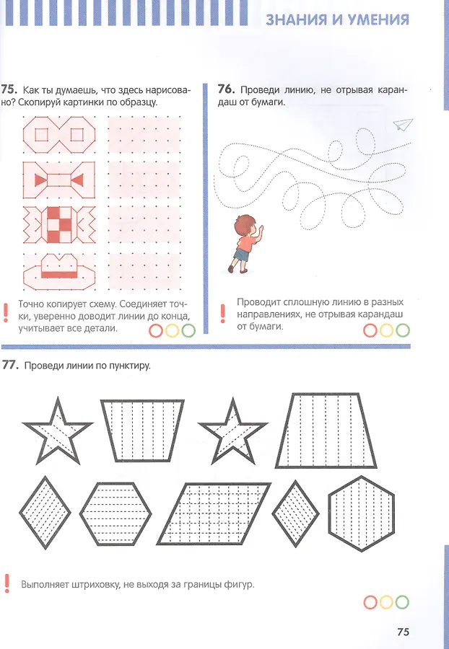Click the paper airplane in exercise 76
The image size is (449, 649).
(x=403, y=124)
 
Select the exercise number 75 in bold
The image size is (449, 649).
(x=9, y=90)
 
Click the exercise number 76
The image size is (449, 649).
(x=226, y=89)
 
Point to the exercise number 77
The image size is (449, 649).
(x=11, y=365)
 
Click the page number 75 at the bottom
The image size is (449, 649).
(x=403, y=632)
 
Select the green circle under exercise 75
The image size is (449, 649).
(x=188, y=331)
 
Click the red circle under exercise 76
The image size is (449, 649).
(x=370, y=330)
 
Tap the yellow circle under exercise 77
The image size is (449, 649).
(x=386, y=602)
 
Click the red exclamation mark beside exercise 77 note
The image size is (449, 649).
(x=6, y=583)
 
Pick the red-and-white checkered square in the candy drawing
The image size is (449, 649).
(x=58, y=225)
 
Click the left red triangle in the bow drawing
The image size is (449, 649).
(x=40, y=180)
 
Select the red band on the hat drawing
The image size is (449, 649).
(x=58, y=275)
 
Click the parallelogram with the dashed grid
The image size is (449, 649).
(x=214, y=513)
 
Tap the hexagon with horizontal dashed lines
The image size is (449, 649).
(x=115, y=513)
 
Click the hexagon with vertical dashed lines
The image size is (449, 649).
(x=361, y=513)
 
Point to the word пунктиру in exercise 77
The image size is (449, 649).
(x=129, y=366)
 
